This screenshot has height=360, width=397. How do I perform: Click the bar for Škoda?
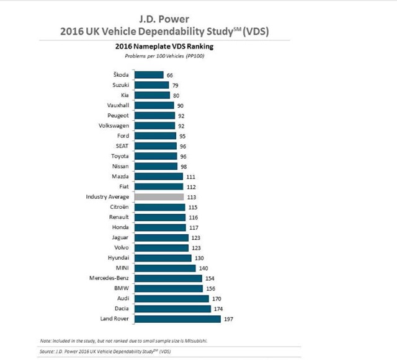point(149,75)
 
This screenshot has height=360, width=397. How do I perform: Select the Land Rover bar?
point(177,318)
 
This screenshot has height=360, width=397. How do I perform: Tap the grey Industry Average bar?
point(159,196)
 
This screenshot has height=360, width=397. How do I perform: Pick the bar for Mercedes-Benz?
point(167,278)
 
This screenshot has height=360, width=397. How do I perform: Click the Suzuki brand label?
point(120,85)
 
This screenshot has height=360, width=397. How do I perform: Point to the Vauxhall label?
point(118,105)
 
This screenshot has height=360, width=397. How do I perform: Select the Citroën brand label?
point(119,207)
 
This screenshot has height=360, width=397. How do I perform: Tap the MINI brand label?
point(122,268)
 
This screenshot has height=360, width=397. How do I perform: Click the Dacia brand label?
point(120,309)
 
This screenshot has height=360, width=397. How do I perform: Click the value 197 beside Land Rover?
point(230,318)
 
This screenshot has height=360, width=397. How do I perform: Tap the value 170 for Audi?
point(217,298)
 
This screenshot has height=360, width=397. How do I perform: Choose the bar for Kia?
point(152,95)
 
